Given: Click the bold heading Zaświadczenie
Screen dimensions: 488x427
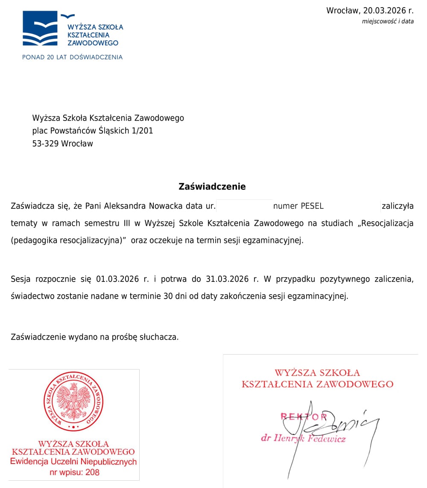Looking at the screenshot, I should [x=212, y=186].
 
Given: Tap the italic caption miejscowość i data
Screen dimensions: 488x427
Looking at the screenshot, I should [x=388, y=21].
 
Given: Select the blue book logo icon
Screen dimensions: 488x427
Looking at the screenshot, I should [x=40, y=29].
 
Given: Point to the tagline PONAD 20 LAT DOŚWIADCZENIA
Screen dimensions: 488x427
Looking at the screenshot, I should [x=72, y=57].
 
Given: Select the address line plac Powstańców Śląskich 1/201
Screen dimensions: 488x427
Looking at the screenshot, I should [x=92, y=131].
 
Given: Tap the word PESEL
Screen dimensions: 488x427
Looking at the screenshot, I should [x=312, y=206].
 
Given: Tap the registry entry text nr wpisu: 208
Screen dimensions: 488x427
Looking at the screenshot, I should [x=73, y=472].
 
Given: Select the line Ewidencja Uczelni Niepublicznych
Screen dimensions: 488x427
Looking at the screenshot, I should [x=73, y=462].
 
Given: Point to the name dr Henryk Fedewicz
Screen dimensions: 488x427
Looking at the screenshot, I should [x=303, y=438].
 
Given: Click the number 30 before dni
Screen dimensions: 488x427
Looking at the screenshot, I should [x=167, y=296].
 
